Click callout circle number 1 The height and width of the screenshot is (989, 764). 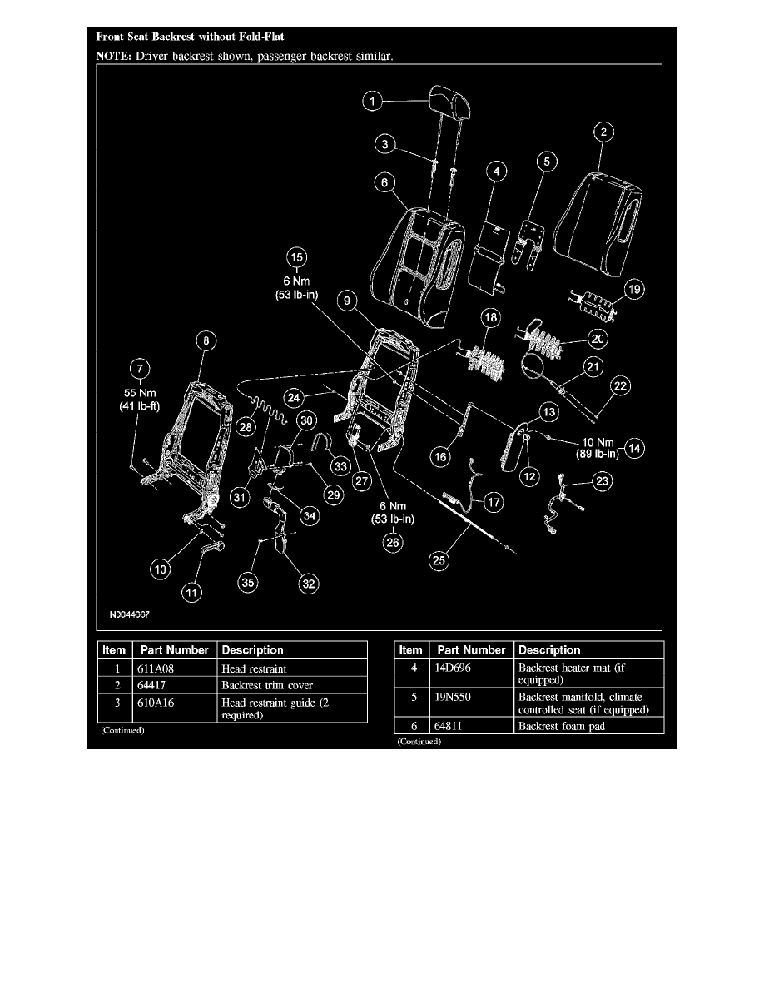point(375,102)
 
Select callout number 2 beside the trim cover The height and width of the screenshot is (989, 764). point(604,132)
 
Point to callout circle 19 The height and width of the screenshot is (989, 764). point(635,290)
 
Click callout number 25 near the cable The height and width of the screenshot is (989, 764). point(439,561)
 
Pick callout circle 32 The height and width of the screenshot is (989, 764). point(309,584)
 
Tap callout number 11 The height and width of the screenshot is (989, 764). point(191,593)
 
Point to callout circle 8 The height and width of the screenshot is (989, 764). point(205,340)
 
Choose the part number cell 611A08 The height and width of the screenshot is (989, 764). point(152,668)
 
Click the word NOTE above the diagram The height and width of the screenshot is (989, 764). point(112,57)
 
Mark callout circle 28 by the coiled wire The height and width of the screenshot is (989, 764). point(246,426)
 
